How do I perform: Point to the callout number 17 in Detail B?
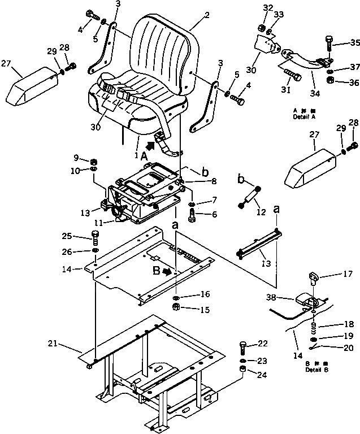pos(332,275)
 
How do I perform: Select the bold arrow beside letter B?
pos(166,271)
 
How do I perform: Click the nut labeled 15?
pos(176,308)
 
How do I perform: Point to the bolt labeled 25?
pos(95,236)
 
